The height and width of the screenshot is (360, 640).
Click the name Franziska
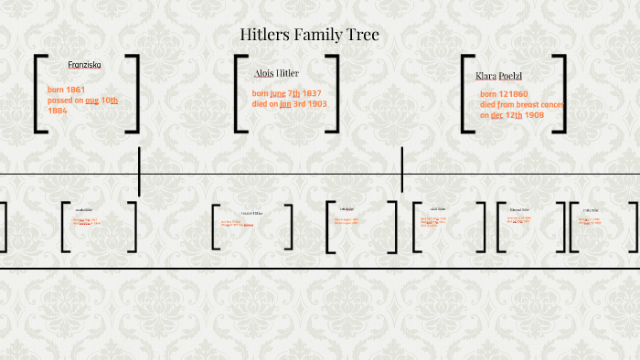[x=85, y=65]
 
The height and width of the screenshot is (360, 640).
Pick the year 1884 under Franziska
[x=58, y=111]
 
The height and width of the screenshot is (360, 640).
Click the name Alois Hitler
[x=276, y=73]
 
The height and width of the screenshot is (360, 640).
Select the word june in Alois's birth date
[x=278, y=94]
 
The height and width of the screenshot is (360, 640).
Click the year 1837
[x=313, y=94]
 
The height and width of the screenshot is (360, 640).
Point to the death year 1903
[x=315, y=104]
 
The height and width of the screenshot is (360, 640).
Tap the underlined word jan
[x=285, y=104]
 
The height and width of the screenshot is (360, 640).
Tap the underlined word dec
[x=496, y=115]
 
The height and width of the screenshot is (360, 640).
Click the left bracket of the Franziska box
[x=38, y=94]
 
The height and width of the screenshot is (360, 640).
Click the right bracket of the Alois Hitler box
[x=334, y=94]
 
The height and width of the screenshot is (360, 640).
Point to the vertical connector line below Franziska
[x=139, y=171]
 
